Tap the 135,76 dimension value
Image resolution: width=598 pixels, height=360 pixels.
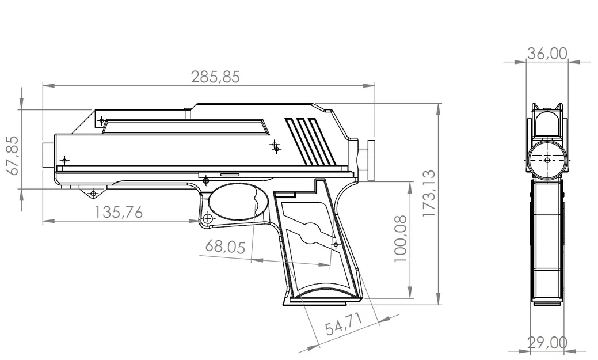[119, 212]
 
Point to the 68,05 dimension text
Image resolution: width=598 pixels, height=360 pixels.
[225, 248]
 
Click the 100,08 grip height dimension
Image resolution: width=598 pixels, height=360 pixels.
[401, 238]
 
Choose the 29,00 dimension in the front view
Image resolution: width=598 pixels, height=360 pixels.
[547, 342]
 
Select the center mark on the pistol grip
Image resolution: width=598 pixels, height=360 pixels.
[336, 244]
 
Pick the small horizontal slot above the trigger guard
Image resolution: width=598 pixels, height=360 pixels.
[230, 173]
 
